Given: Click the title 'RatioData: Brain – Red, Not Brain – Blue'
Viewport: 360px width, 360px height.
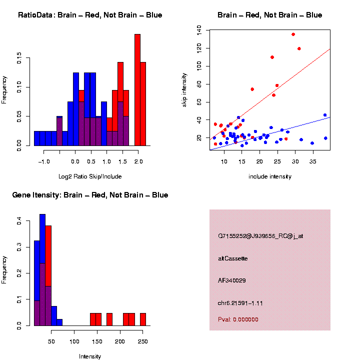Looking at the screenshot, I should [90, 15].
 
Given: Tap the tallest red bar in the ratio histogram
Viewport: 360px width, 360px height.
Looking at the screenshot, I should [137, 90].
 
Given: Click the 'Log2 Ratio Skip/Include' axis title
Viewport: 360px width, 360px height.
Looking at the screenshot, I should [90, 176].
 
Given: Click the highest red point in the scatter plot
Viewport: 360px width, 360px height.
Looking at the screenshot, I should [293, 34].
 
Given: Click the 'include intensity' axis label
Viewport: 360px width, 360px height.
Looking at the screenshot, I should [270, 176].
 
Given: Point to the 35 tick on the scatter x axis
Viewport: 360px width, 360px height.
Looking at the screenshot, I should [312, 161].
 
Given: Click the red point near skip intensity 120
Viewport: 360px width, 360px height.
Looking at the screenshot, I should [299, 48].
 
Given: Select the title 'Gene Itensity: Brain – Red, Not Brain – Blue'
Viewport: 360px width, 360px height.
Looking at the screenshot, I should [90, 195].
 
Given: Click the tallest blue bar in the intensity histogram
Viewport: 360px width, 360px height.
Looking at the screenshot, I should [42, 270].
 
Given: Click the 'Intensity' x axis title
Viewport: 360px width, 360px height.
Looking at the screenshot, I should [90, 356].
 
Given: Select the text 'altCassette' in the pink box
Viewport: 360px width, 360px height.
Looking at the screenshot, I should [232, 258].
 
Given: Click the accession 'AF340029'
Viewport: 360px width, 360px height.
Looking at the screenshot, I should [231, 280].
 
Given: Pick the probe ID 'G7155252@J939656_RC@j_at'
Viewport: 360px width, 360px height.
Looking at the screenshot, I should [260, 236].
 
